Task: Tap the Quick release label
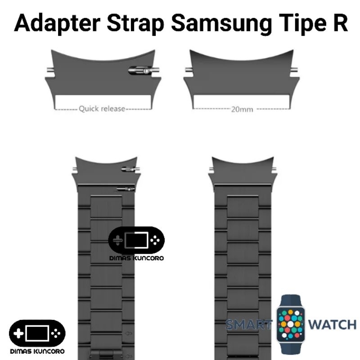pos(102,108)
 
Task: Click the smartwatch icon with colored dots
pos(290,324)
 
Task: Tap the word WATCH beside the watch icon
pos(332,324)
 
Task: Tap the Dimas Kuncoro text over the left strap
pos(136,258)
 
